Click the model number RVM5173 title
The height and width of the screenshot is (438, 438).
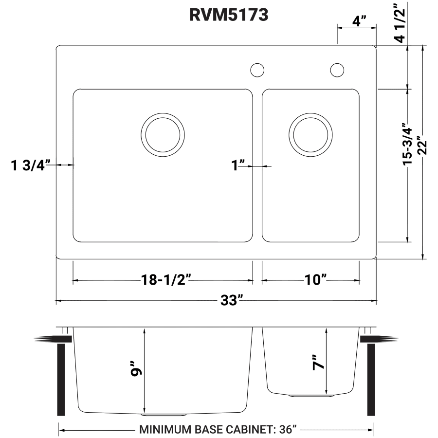click(229, 15)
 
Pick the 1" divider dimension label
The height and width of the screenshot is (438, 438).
click(238, 166)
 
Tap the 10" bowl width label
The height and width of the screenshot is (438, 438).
click(316, 280)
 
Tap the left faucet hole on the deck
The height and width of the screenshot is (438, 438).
click(257, 70)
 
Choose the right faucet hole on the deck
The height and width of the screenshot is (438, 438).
click(336, 70)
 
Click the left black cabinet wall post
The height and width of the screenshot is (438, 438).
click(61, 380)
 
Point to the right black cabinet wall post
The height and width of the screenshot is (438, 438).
click(371, 380)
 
